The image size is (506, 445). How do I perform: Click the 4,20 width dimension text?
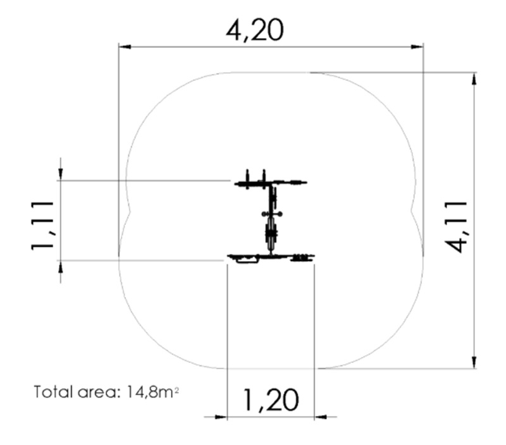[255, 30]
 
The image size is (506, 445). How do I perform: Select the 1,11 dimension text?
[42, 226]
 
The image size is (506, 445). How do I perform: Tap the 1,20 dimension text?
[271, 400]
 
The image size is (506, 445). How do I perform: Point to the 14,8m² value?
[152, 392]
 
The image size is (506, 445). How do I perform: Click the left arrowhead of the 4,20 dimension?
[125, 47]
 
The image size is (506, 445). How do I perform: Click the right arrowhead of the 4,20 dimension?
[417, 47]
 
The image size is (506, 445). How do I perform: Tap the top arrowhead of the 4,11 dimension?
[474, 78]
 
